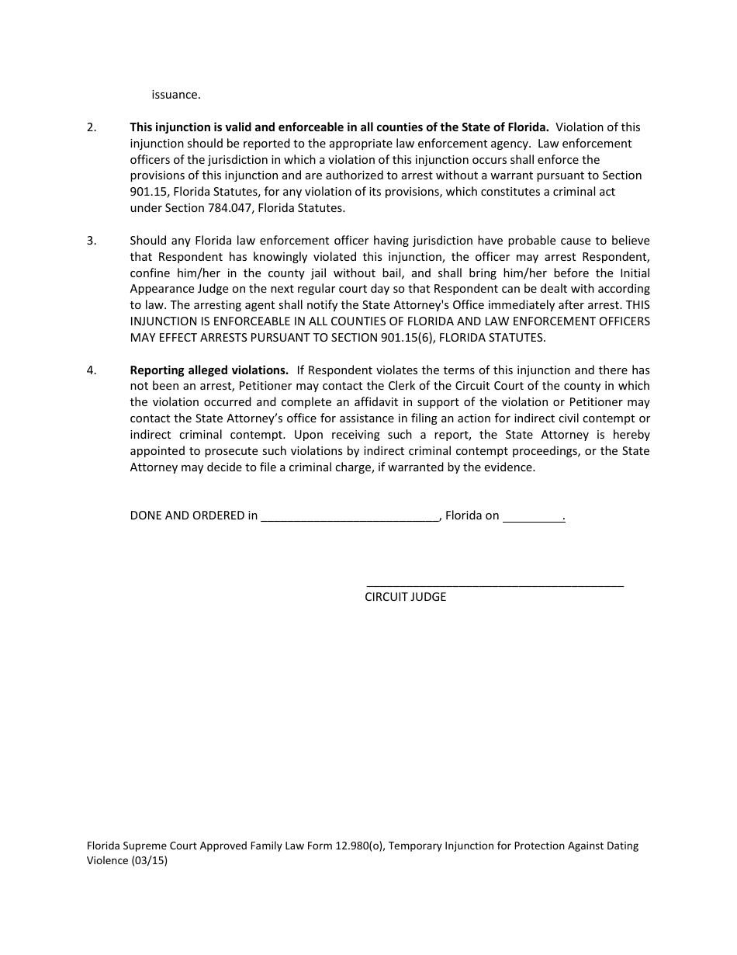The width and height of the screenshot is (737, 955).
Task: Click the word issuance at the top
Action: click(175, 95)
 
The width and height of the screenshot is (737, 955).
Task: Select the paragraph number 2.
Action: click(91, 127)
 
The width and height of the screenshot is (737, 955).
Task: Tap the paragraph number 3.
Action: click(91, 241)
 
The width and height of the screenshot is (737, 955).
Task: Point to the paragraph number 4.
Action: click(91, 370)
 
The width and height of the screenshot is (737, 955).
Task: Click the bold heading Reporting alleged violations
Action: click(209, 370)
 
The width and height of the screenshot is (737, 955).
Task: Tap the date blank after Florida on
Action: click(533, 516)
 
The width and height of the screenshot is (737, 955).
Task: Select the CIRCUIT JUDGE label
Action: click(406, 597)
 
